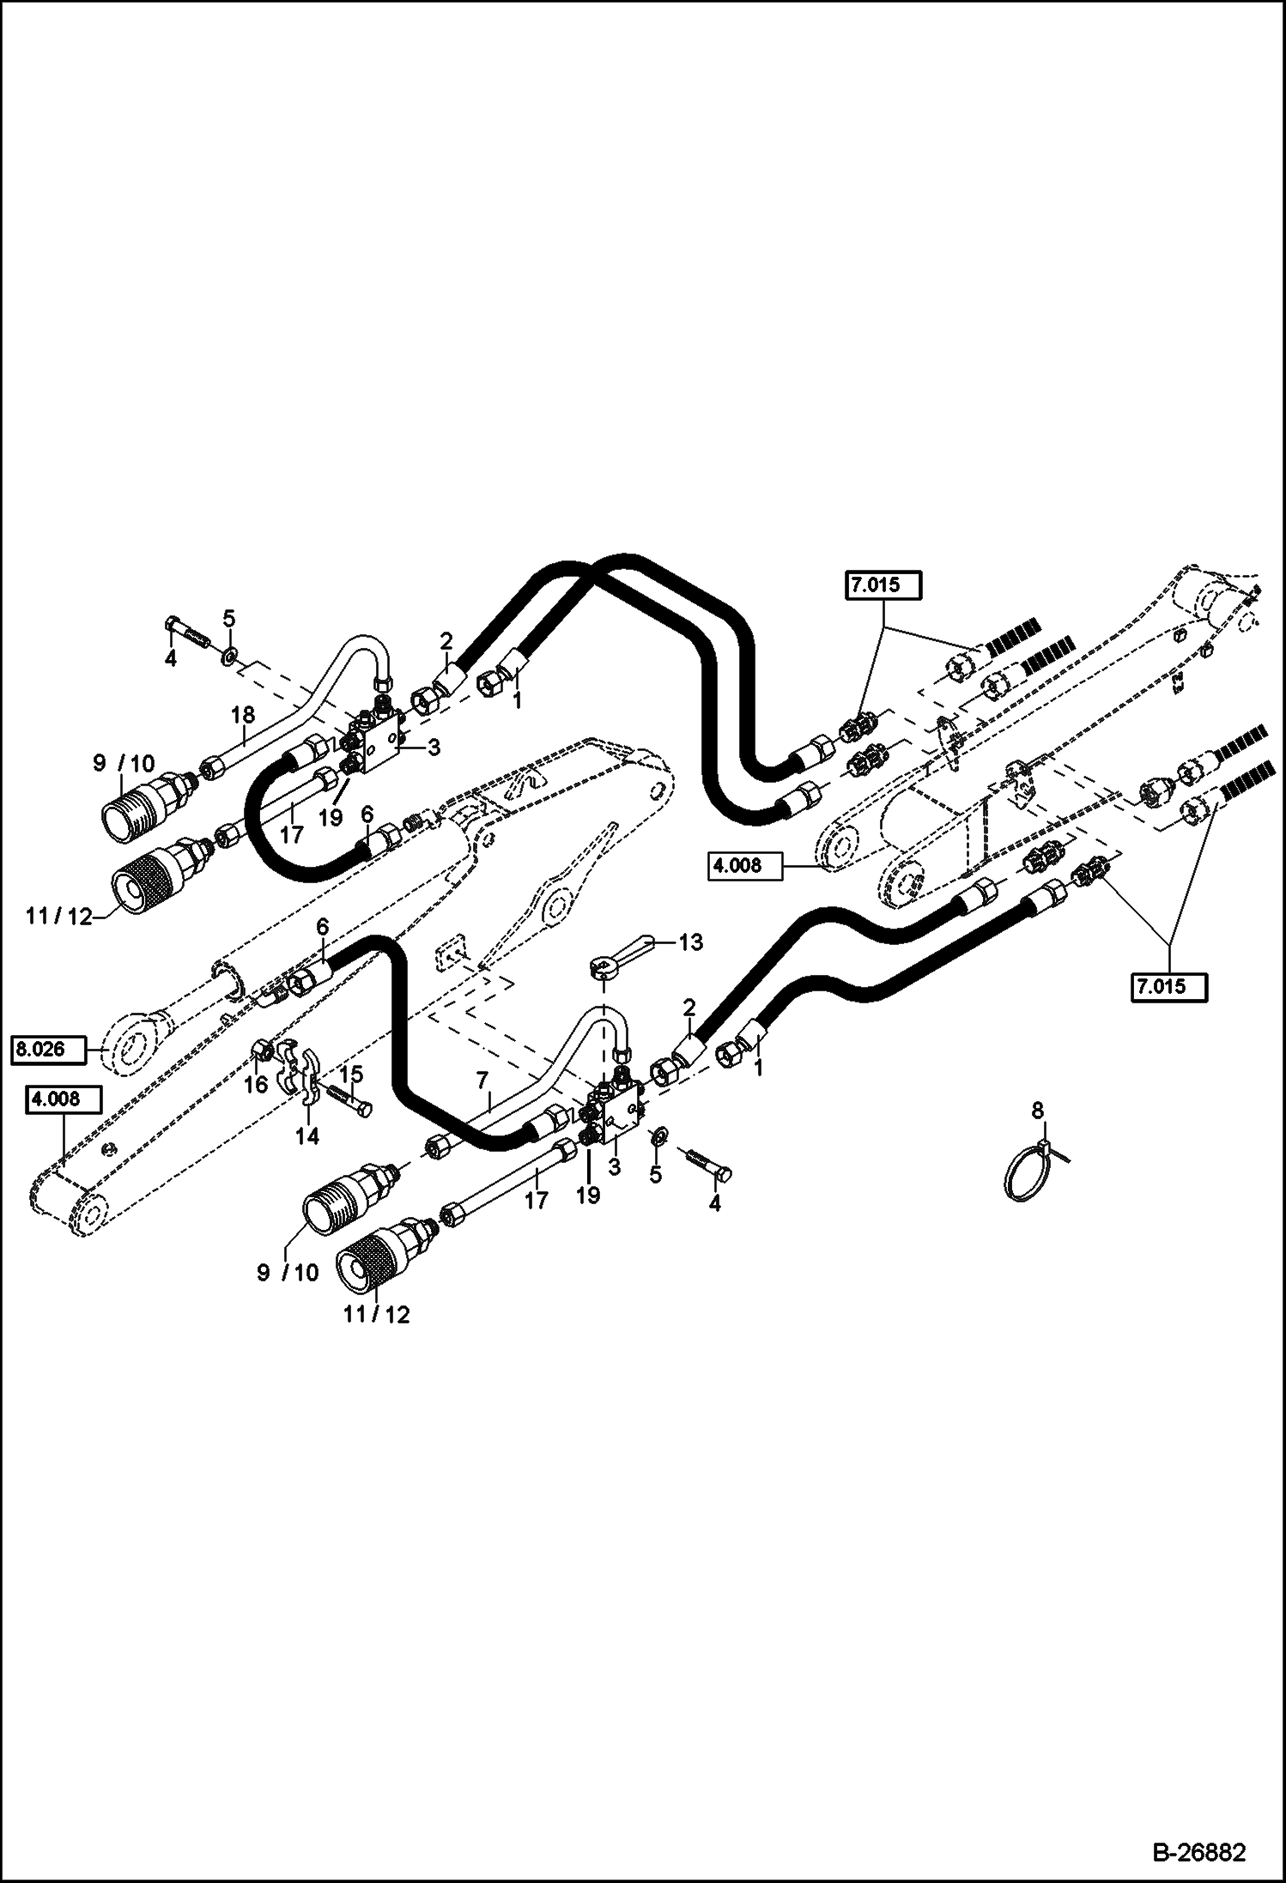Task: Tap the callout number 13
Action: (x=690, y=942)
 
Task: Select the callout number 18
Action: (x=244, y=714)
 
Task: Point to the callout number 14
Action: (x=306, y=1135)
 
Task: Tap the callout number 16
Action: (x=256, y=1085)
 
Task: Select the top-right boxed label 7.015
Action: (x=883, y=587)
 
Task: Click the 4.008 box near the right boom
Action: (x=746, y=866)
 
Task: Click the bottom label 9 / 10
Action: (x=287, y=1272)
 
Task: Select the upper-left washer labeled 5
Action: (x=229, y=657)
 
